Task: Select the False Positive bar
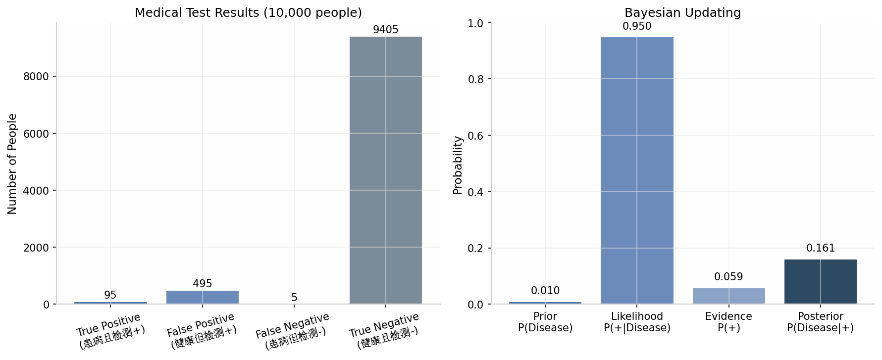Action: click(202, 297)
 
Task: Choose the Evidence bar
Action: click(728, 296)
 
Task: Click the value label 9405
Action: click(385, 30)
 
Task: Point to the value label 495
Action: click(202, 284)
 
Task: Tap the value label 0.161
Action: click(820, 248)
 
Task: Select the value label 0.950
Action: click(637, 26)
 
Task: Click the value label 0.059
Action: click(728, 277)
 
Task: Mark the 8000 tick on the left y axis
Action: click(36, 76)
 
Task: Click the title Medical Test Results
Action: click(248, 12)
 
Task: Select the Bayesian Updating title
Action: click(682, 12)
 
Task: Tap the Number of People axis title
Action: click(12, 164)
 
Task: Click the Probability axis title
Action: click(458, 165)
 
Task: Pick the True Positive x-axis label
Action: click(110, 331)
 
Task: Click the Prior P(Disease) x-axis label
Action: click(545, 322)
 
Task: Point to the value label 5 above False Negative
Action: click(294, 298)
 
